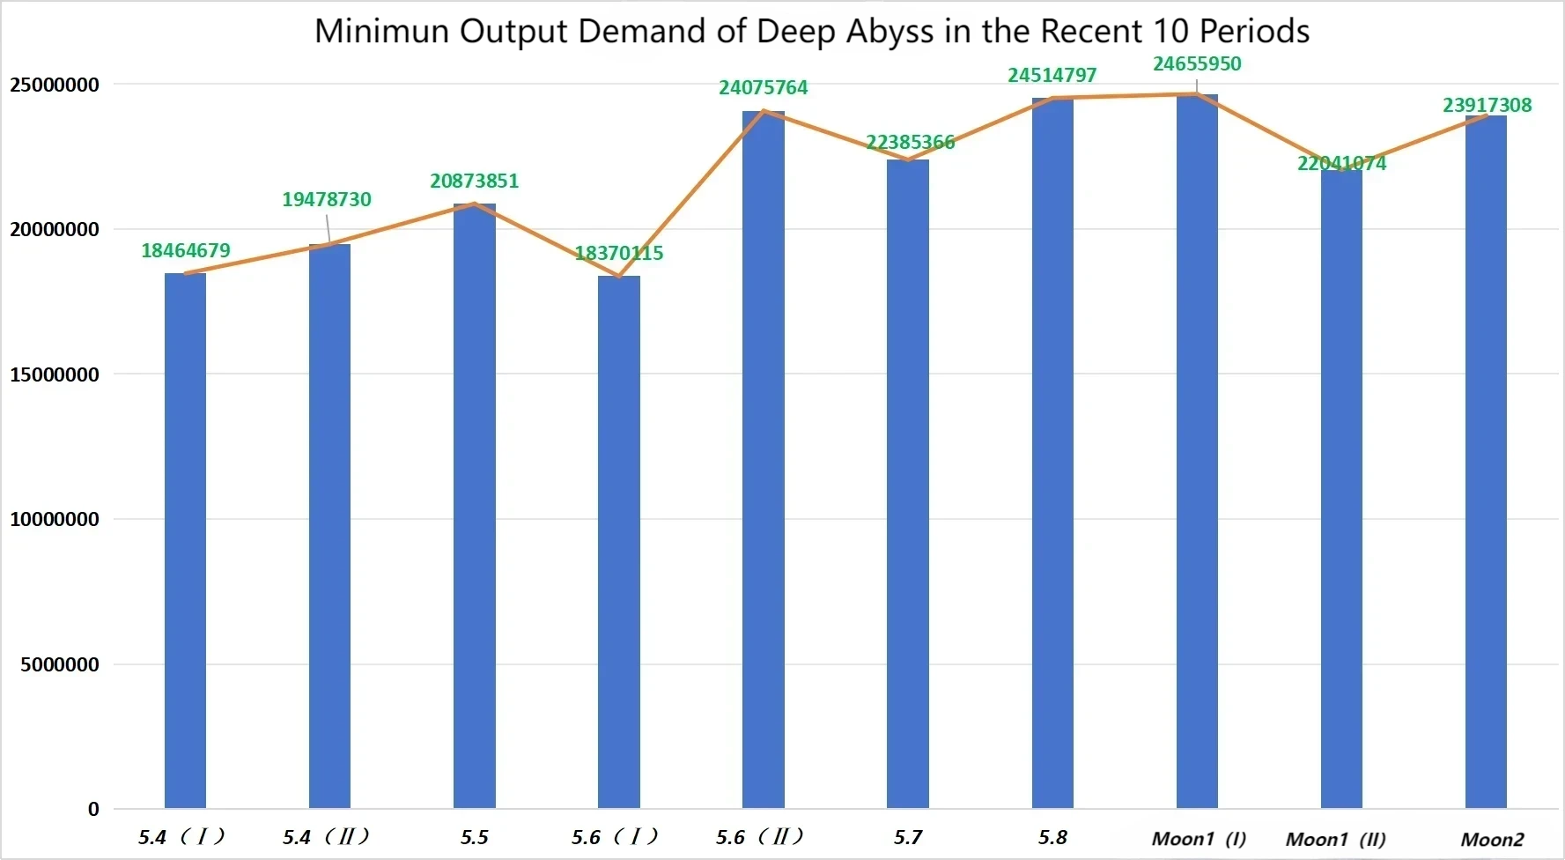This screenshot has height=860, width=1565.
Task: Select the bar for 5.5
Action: (x=474, y=507)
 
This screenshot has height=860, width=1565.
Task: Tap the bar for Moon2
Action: (x=1486, y=463)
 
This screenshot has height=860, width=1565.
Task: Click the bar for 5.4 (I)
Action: (x=185, y=541)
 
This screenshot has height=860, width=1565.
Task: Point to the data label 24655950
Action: (x=1197, y=64)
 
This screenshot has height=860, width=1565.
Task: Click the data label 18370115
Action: (x=618, y=254)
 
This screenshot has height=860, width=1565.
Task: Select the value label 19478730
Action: (x=327, y=200)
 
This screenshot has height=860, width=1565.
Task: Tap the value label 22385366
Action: (x=910, y=143)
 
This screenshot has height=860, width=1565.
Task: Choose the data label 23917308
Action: (x=1487, y=106)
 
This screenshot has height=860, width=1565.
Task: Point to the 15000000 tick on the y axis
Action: (x=55, y=374)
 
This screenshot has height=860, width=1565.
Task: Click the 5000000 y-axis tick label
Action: (x=60, y=664)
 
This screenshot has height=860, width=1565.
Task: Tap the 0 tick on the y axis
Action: (x=93, y=809)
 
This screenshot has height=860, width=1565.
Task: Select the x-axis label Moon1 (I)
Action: (x=1199, y=839)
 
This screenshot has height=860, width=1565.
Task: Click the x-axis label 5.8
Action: (x=1052, y=837)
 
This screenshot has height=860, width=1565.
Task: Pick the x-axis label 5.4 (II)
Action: (x=326, y=837)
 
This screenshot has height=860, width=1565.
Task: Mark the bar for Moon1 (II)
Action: (x=1341, y=489)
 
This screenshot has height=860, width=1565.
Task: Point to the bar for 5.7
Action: (x=907, y=484)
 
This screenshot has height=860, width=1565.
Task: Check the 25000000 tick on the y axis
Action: (x=55, y=85)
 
